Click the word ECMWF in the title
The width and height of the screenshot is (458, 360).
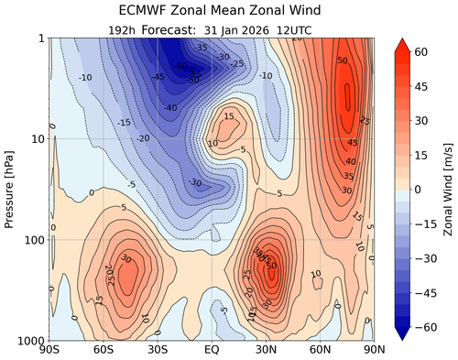150,11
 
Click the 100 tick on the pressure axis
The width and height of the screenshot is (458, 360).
35,239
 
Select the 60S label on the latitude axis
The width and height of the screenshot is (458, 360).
104,351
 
